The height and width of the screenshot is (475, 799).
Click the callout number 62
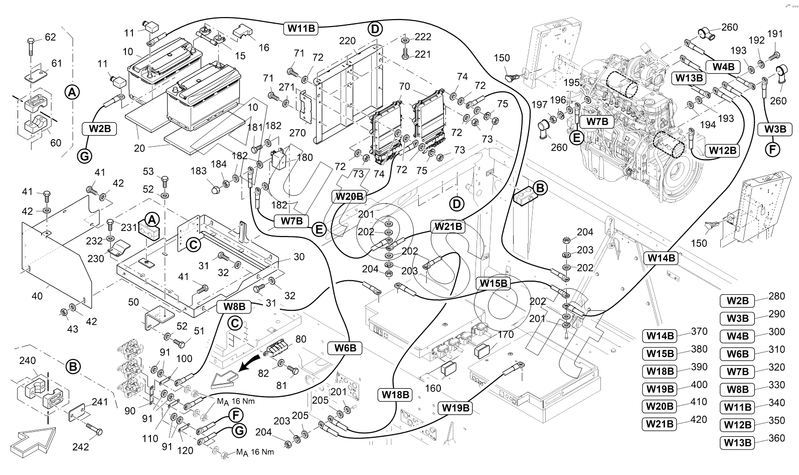[50, 37]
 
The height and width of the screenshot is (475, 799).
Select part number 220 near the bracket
[347, 41]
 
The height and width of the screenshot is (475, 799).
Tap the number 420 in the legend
[699, 420]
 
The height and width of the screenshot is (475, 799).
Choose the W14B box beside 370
[660, 335]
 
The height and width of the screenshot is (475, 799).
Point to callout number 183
[199, 171]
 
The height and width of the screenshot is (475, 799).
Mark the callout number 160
[433, 388]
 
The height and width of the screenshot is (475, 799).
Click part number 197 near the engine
[539, 104]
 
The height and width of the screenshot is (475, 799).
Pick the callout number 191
[775, 34]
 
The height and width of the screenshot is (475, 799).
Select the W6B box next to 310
[737, 353]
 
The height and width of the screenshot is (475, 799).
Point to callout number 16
[264, 48]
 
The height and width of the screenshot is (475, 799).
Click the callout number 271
[286, 87]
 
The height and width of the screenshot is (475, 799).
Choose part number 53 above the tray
[148, 172]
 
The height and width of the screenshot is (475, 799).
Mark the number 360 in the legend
[776, 438]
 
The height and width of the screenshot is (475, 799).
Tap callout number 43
[73, 329]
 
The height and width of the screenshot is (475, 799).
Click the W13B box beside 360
[737, 442]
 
